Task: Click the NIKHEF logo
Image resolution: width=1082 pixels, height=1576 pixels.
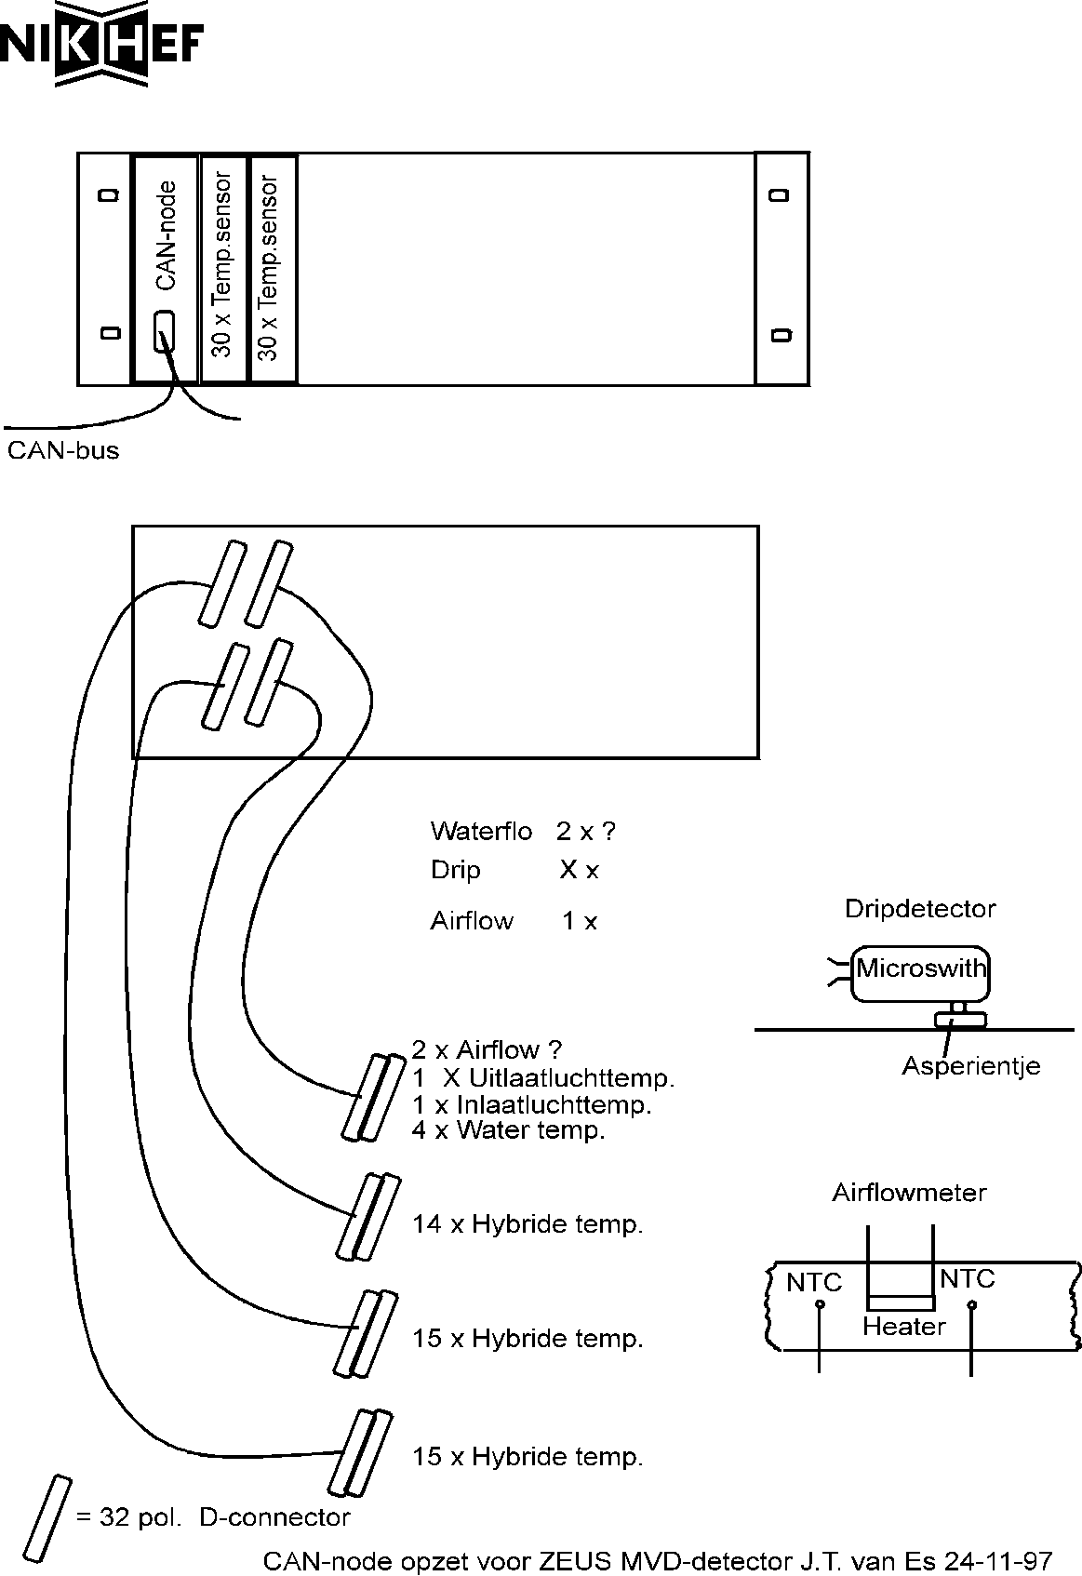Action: [x=101, y=44]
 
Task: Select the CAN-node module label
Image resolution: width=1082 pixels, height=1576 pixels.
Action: [x=166, y=235]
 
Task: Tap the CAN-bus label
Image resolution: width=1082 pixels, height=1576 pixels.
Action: [x=63, y=450]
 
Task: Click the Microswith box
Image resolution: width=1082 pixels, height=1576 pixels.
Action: [x=920, y=974]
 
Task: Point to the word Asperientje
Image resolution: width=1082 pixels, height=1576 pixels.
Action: [x=971, y=1066]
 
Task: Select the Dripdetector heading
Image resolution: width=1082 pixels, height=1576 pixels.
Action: [x=920, y=909]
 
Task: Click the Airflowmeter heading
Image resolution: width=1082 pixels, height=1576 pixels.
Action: [x=909, y=1194]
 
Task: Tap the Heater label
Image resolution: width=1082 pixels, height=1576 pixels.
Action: [x=904, y=1327]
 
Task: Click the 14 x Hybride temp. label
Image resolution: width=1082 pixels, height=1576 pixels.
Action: [x=528, y=1225]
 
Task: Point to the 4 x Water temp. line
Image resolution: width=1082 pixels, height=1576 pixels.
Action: [x=509, y=1130]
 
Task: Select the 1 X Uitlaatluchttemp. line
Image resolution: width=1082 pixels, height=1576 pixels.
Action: [x=543, y=1078]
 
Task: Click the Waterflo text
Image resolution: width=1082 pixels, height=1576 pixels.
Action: [x=481, y=832]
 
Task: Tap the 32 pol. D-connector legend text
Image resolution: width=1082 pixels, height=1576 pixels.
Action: [x=212, y=1517]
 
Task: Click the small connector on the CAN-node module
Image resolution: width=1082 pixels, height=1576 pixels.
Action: [x=164, y=331]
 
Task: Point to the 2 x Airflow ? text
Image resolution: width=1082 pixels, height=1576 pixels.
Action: [x=487, y=1049]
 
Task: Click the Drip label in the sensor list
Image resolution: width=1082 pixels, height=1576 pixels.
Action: [x=456, y=870]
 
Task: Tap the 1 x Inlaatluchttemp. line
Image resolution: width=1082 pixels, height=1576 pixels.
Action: [x=532, y=1104]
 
